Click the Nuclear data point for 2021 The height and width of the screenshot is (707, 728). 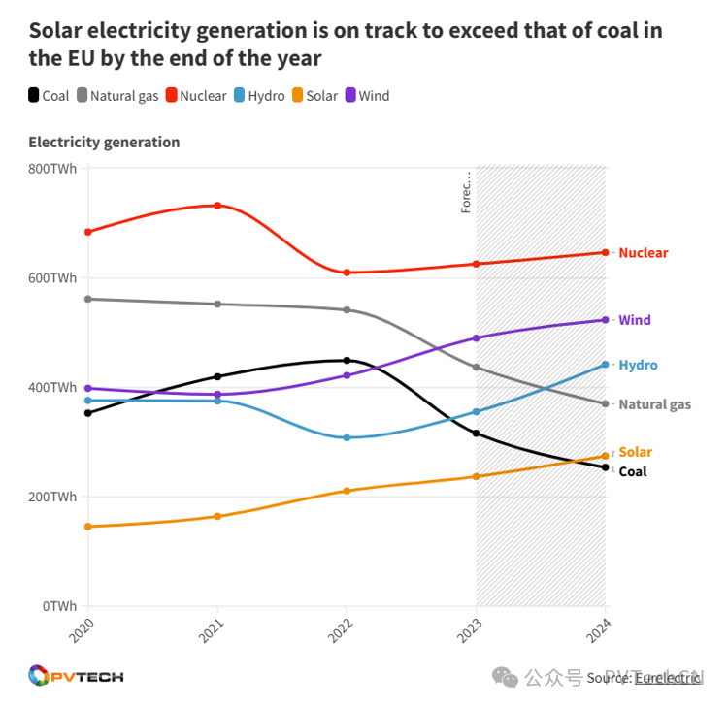217,206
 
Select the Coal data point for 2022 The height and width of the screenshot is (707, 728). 347,361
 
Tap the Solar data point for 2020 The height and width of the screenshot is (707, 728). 88,527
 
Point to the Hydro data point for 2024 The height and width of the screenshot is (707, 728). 605,365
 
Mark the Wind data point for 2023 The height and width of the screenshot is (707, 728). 476,338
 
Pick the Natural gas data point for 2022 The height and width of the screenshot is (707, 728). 347,310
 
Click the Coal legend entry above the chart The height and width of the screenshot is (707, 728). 49,96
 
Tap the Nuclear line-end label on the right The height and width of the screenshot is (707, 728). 644,253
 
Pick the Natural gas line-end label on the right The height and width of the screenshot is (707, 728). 654,404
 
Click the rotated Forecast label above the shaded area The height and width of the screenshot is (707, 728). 466,192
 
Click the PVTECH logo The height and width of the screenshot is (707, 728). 76,676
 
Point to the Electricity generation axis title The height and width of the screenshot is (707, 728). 104,143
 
